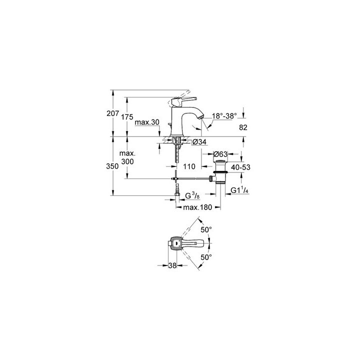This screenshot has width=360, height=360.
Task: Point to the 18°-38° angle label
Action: tap(223, 116)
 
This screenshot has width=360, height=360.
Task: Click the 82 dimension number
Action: tap(243, 127)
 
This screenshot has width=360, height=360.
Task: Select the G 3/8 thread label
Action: tap(192, 195)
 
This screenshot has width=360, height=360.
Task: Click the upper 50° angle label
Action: tap(206, 229)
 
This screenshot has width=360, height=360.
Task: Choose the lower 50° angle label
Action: tap(206, 256)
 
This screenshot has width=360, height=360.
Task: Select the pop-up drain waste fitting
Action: tap(220, 172)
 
